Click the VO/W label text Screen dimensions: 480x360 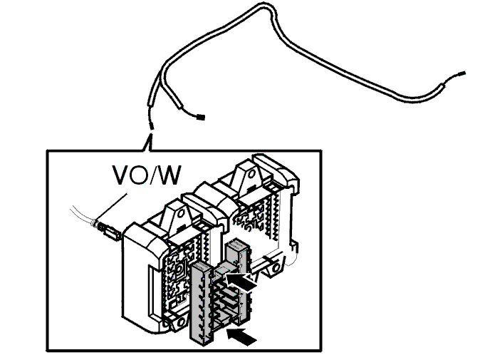[147, 175]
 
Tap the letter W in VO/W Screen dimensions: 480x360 [168, 175]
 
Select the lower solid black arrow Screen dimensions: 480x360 [241, 336]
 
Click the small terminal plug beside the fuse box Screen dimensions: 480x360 [110, 231]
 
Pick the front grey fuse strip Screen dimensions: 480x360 [201, 303]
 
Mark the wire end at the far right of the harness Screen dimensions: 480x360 [461, 73]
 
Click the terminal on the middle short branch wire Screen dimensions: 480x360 [201, 117]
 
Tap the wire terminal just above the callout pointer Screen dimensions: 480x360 [151, 126]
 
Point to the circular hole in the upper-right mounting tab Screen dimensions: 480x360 [251, 174]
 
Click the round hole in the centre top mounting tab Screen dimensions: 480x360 [181, 212]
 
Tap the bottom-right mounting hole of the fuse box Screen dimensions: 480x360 [276, 268]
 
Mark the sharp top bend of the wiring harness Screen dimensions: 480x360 [266, 6]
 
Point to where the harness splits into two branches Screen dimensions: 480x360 [160, 75]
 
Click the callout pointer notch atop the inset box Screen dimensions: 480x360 [148, 142]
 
